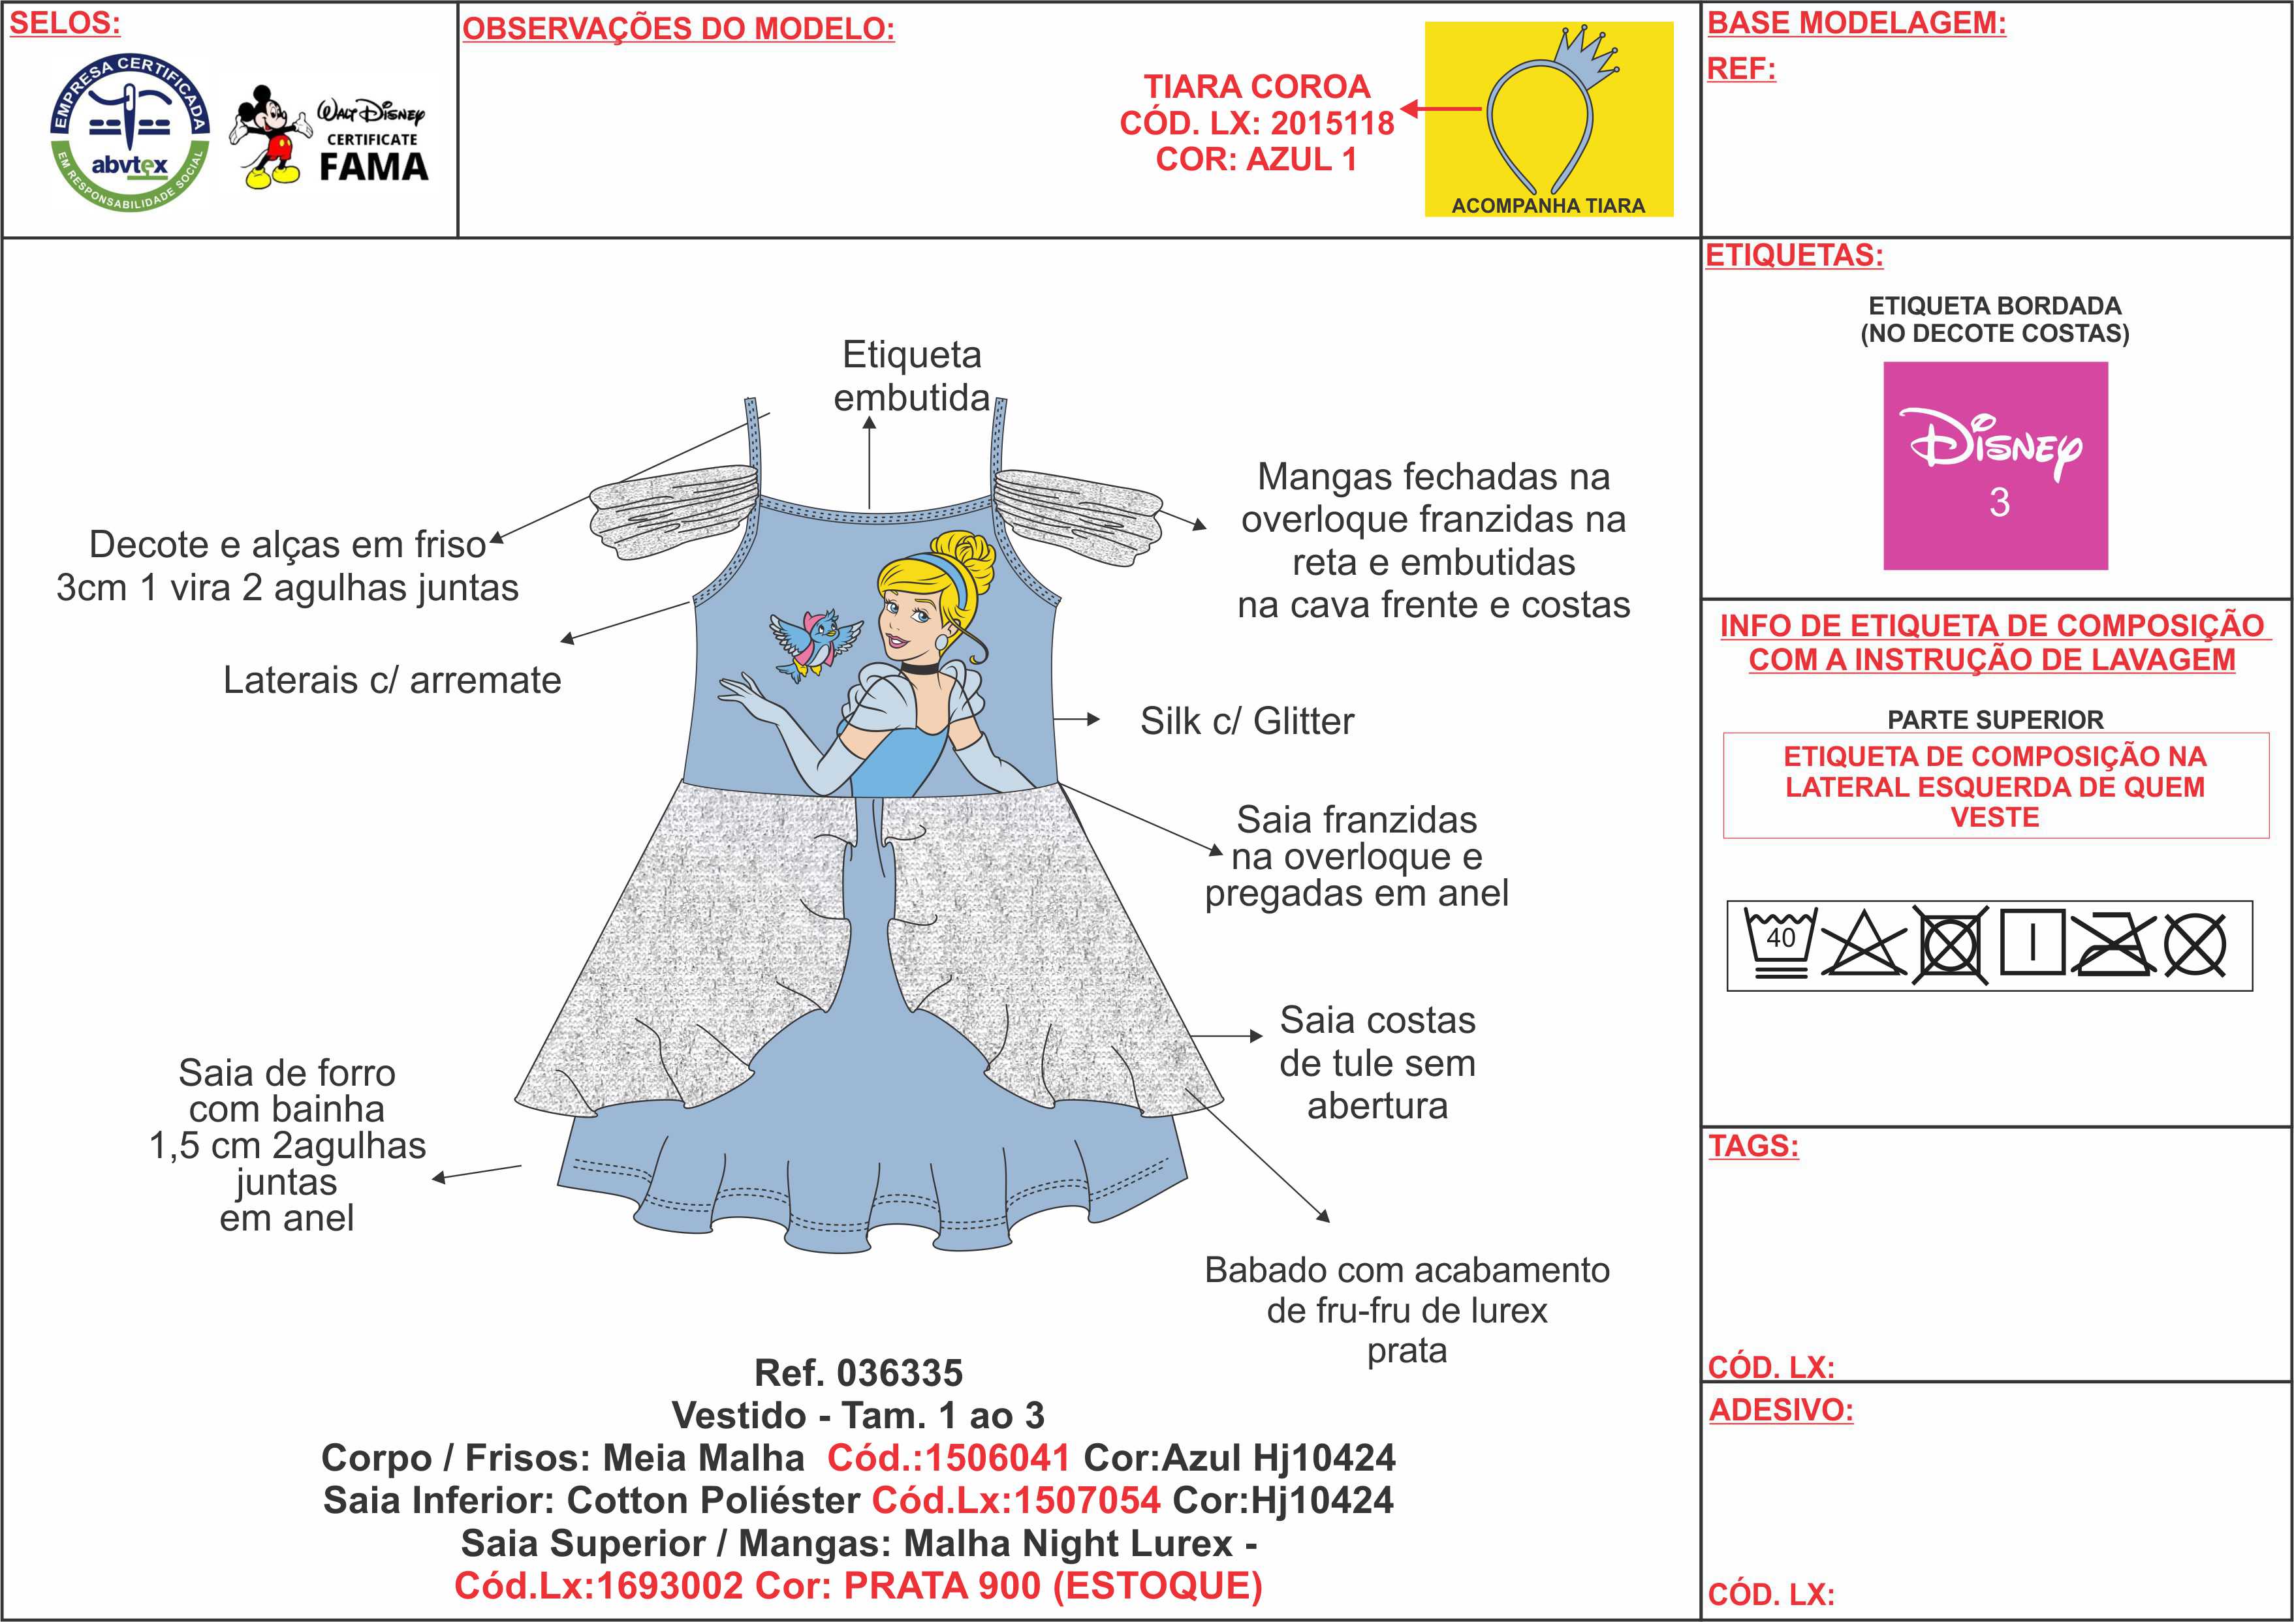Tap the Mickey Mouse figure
(268, 137)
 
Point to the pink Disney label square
(1994, 465)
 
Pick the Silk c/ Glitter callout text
(1247, 721)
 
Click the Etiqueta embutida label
(911, 376)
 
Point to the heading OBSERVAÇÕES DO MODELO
(678, 29)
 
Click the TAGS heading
(1752, 1146)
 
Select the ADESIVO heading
(1780, 1410)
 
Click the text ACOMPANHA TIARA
(1548, 206)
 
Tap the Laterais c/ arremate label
(392, 680)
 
